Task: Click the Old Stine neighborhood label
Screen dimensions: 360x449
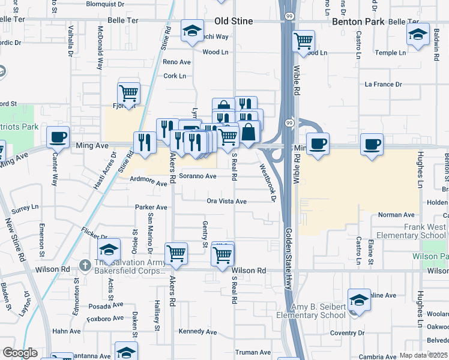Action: [234, 21]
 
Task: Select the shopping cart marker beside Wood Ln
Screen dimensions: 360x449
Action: [304, 41]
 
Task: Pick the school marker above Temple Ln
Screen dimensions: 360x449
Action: [417, 35]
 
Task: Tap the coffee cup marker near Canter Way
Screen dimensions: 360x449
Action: [58, 137]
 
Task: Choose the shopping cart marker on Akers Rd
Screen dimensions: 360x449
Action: [176, 254]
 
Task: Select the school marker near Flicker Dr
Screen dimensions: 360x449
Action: [109, 249]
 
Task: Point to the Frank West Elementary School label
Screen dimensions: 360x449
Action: [417, 231]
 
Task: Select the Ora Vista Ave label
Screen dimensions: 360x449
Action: [226, 202]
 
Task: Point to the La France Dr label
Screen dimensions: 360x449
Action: [383, 84]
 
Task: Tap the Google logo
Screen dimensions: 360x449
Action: [20, 353]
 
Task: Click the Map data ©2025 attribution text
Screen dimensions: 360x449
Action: [423, 355]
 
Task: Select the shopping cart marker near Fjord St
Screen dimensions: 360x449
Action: [129, 93]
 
